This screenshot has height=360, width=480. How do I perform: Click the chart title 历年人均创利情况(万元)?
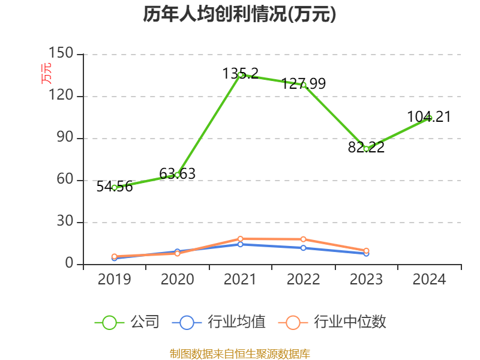tap(239, 14)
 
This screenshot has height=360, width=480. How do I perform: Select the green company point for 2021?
tap(240, 75)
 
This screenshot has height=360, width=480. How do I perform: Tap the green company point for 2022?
tap(304, 85)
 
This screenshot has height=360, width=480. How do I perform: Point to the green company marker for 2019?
tap(114, 188)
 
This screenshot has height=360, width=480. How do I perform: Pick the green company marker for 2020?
tap(177, 175)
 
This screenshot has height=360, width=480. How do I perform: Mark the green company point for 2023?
tap(366, 149)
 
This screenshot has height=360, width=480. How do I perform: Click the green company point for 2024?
tap(429, 118)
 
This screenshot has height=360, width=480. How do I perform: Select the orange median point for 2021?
tap(240, 239)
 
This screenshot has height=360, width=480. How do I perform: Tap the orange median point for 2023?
tap(366, 250)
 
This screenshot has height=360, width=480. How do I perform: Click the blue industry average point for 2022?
tap(304, 248)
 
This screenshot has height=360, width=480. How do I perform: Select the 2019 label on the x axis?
tap(114, 280)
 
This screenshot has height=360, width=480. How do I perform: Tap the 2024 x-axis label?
tap(429, 280)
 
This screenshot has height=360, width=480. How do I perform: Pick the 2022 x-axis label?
tap(304, 280)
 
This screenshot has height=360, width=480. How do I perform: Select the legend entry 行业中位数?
tap(332, 322)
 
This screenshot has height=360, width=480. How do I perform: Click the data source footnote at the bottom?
tap(240, 354)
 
